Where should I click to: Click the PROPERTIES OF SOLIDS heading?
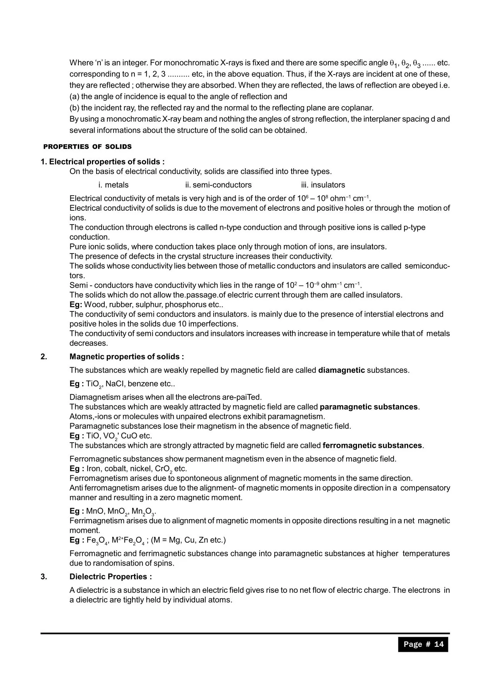pyautogui.click(x=87, y=147)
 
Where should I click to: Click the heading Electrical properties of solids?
pyautogui.click(x=102, y=162)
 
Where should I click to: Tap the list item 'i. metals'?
pyautogui.click(x=114, y=185)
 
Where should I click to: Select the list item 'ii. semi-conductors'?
pyautogui.click(x=218, y=185)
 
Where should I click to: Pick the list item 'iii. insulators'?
pyautogui.click(x=323, y=185)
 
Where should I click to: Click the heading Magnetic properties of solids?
pyautogui.click(x=127, y=357)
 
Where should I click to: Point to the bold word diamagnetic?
pyautogui.click(x=341, y=370)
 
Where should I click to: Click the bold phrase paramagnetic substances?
pyautogui.click(x=369, y=407)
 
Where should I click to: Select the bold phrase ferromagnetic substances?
pyautogui.click(x=372, y=445)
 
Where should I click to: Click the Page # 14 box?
pyautogui.click(x=423, y=644)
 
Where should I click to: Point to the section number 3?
pyautogui.click(x=44, y=577)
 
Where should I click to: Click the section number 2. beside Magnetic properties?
pyautogui.click(x=44, y=357)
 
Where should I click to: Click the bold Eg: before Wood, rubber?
pyautogui.click(x=76, y=305)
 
